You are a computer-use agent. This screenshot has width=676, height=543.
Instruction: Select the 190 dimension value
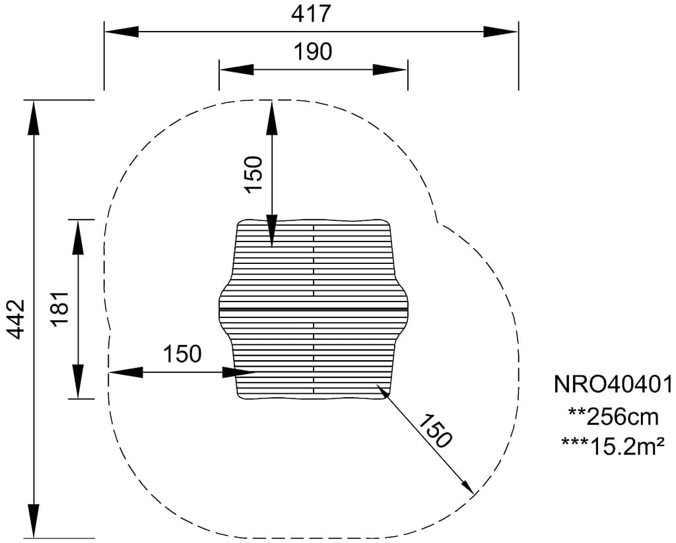313,51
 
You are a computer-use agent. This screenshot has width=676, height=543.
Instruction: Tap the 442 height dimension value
17,319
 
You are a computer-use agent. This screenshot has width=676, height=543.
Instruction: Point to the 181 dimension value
60,309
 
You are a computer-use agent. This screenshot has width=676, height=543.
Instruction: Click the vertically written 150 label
253,174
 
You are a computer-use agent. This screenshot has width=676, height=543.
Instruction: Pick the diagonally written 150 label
435,431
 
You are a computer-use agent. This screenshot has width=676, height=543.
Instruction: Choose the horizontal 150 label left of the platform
182,354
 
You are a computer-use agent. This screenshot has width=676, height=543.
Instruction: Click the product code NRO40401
613,384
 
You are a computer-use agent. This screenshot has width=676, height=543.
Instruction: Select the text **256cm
613,417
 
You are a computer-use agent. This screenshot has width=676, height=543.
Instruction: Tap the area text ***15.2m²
613,446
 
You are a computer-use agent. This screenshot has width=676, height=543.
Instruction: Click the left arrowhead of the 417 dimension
122,32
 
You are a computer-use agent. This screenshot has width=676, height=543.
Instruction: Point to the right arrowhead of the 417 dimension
500,32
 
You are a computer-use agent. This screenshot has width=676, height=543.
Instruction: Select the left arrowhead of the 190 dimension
237,70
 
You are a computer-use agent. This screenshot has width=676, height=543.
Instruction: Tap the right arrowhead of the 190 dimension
390,70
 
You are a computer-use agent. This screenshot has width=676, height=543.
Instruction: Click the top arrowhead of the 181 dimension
78,238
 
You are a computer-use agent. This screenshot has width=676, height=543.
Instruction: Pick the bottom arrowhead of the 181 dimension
78,381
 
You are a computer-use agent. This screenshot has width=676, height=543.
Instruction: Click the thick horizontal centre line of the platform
314,309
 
